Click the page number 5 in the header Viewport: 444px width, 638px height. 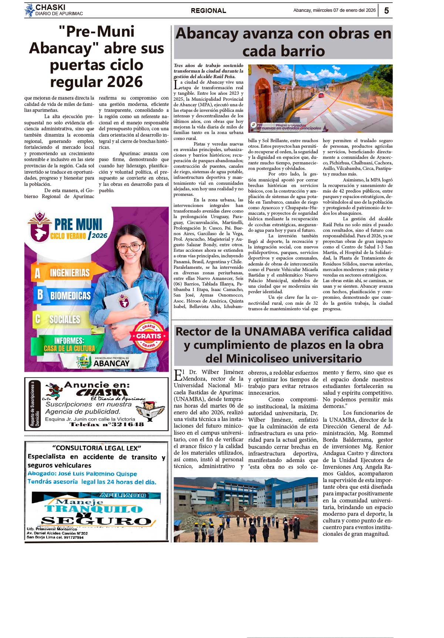[386, 11]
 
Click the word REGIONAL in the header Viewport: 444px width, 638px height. [208, 11]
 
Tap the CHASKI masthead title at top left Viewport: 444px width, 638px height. [50, 7]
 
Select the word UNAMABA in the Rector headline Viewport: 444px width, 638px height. [275, 331]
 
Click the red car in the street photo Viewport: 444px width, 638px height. [321, 95]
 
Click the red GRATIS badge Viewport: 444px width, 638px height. [149, 336]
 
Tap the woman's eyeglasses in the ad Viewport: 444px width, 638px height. [131, 247]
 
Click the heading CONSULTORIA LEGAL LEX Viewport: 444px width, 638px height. [97, 448]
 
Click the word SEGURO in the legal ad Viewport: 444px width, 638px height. [96, 521]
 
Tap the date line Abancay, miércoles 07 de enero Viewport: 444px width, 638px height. [334, 10]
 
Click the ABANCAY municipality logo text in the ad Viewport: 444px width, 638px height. [111, 363]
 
